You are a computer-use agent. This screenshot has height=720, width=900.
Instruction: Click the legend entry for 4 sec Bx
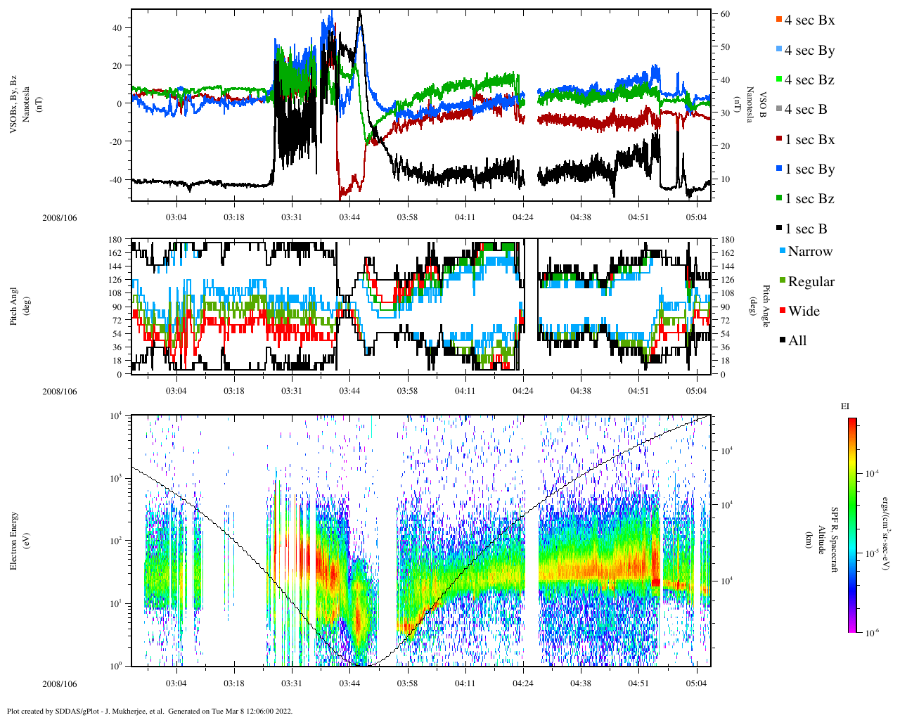[809, 20]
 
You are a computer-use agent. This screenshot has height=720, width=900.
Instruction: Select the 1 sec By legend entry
[809, 169]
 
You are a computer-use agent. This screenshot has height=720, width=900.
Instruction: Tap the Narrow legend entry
[809, 252]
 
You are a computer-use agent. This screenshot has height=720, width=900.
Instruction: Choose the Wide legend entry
[803, 311]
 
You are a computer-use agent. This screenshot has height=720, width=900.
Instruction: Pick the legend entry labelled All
[797, 341]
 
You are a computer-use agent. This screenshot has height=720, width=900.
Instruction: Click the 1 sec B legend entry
[805, 229]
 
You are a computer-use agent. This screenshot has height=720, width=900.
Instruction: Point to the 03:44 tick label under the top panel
[349, 217]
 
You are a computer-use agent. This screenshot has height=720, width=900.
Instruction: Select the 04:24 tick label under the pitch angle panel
[522, 391]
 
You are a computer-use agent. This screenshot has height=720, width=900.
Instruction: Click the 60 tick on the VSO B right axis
[724, 14]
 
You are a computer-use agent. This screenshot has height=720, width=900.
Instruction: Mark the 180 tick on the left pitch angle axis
[115, 240]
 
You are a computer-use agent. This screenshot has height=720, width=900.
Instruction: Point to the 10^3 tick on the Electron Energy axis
[115, 478]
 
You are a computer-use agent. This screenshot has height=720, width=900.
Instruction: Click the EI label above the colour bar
[845, 406]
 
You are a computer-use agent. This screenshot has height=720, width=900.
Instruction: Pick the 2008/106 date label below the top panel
[59, 218]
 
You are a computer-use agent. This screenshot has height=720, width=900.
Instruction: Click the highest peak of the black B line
[360, 11]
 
